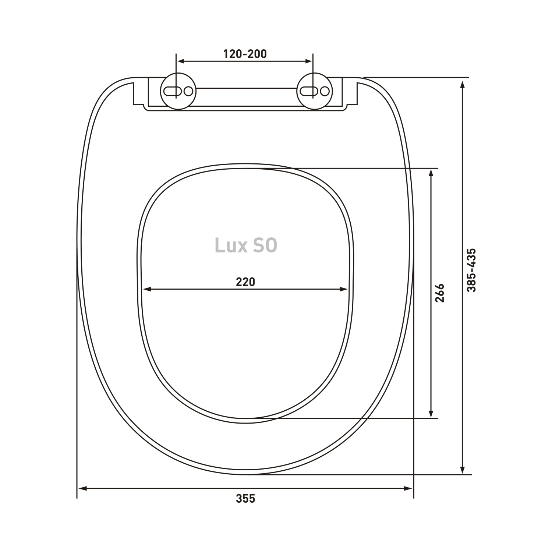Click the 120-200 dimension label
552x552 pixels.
245,54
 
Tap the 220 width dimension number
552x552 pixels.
245,282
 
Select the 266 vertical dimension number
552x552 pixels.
440,293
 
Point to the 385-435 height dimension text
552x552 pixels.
471,270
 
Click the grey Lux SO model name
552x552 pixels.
246,246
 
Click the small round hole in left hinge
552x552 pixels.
189,91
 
